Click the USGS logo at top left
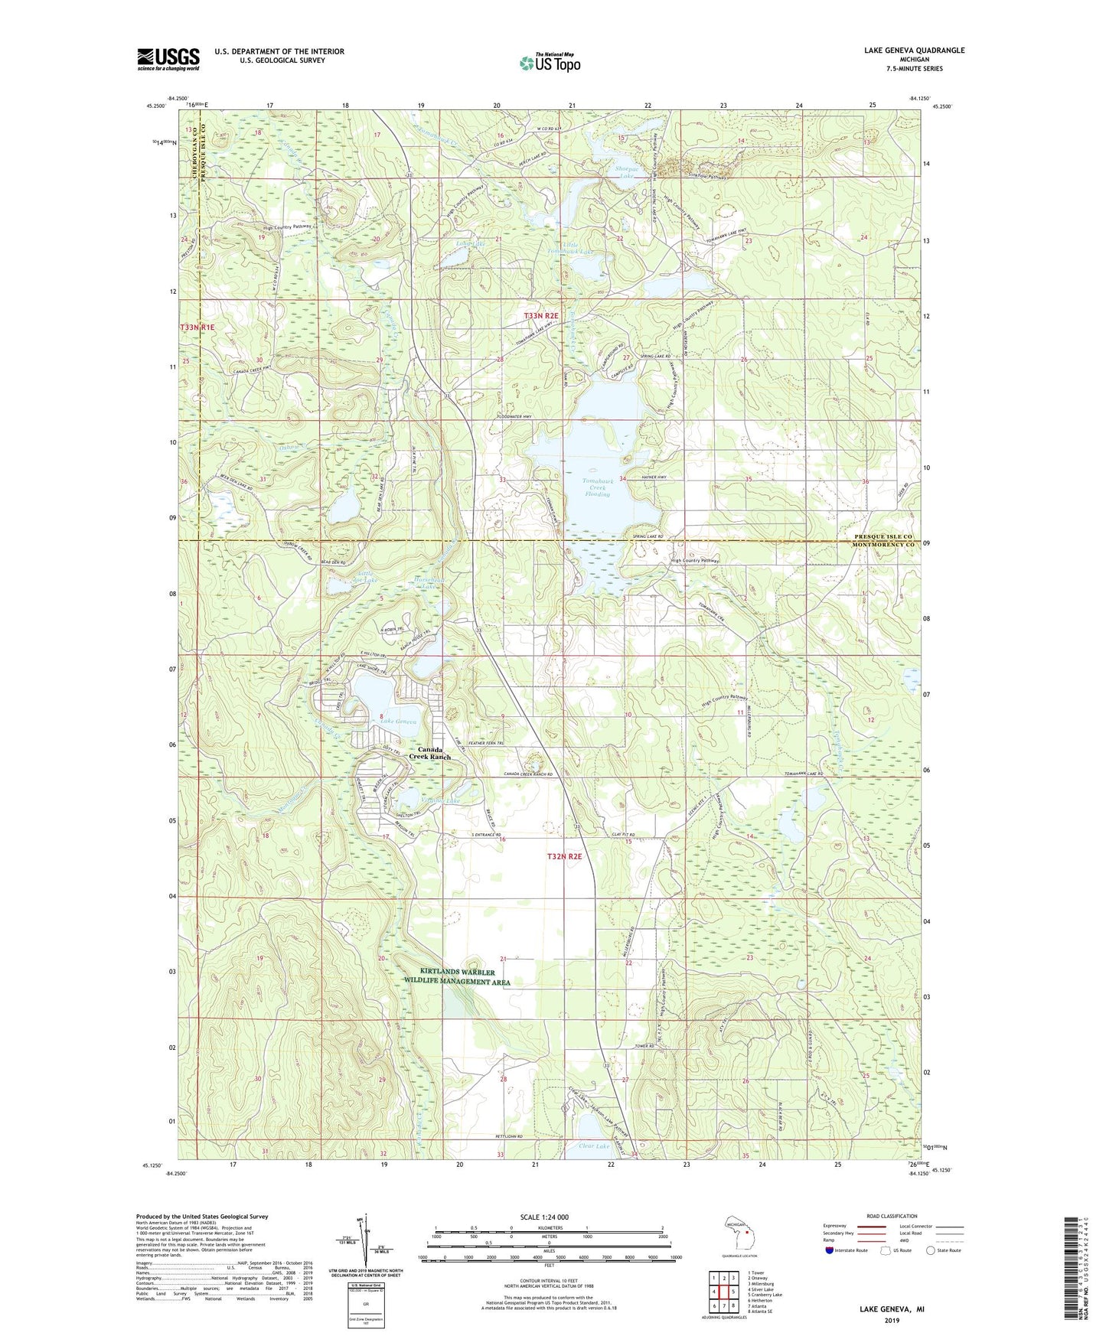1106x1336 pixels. pyautogui.click(x=168, y=59)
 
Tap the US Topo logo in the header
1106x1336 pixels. pyautogui.click(x=550, y=63)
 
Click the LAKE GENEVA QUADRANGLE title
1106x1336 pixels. pyautogui.click(x=914, y=51)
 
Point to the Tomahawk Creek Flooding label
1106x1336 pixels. pyautogui.click(x=597, y=487)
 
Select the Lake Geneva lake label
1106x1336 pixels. pyautogui.click(x=399, y=722)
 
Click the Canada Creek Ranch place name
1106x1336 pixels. pyautogui.click(x=429, y=753)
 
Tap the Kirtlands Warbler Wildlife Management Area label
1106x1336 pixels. pyautogui.click(x=457, y=976)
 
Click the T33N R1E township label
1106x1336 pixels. pyautogui.click(x=197, y=327)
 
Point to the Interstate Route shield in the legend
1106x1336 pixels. pyautogui.click(x=831, y=1251)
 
